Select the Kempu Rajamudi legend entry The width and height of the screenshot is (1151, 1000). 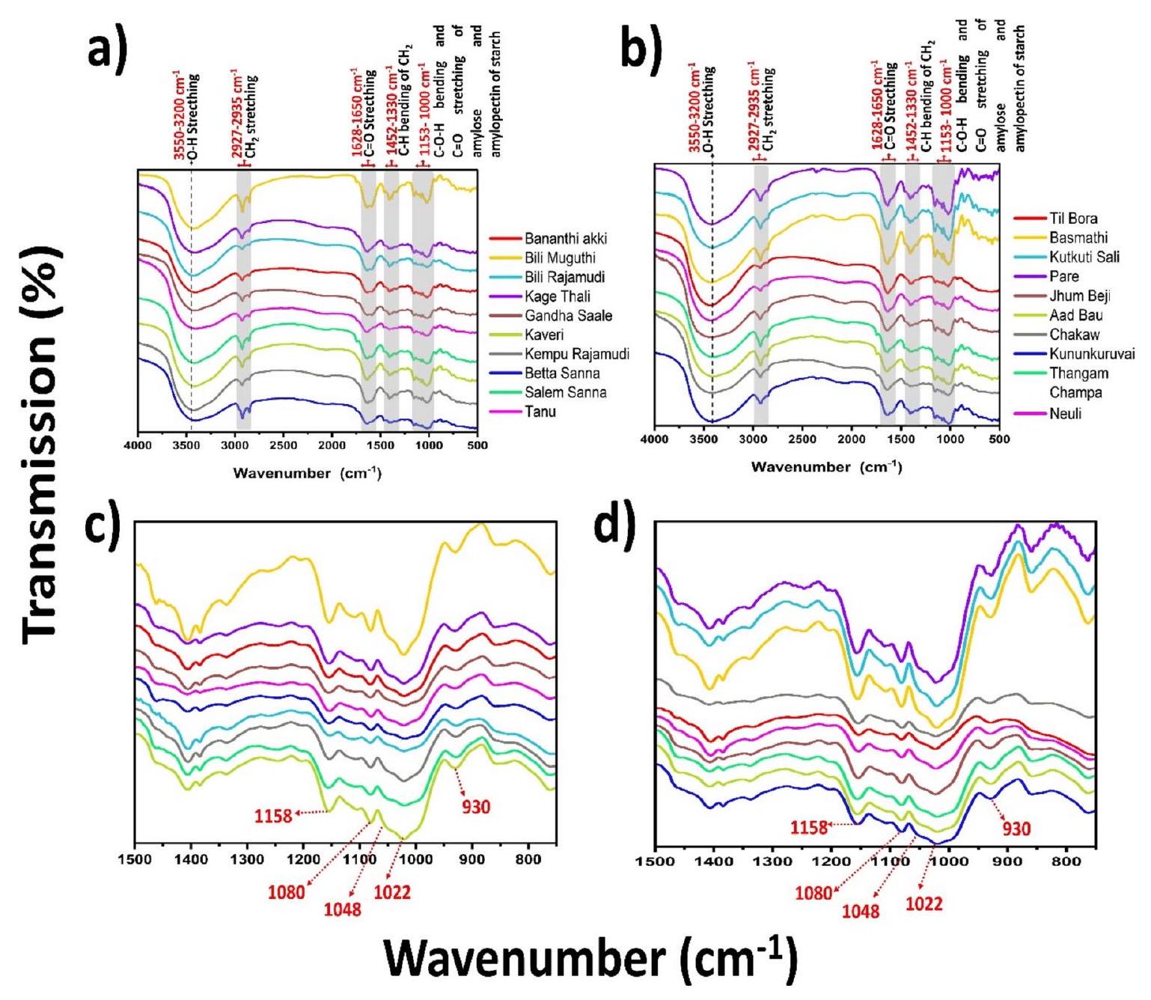(576, 354)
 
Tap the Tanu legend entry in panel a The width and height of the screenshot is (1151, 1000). (540, 412)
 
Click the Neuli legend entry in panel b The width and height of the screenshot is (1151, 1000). (1065, 413)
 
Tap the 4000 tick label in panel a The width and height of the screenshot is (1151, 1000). (138, 445)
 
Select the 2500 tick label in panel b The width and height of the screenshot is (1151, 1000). (802, 439)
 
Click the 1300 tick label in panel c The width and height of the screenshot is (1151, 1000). (247, 860)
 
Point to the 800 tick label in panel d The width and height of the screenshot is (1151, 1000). (1066, 862)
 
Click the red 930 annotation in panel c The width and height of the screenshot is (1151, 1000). (475, 807)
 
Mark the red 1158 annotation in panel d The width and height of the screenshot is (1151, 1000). (810, 827)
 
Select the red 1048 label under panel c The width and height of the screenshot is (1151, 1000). (342, 909)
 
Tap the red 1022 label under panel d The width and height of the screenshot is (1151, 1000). (924, 904)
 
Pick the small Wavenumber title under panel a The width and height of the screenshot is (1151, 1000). (307, 473)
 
